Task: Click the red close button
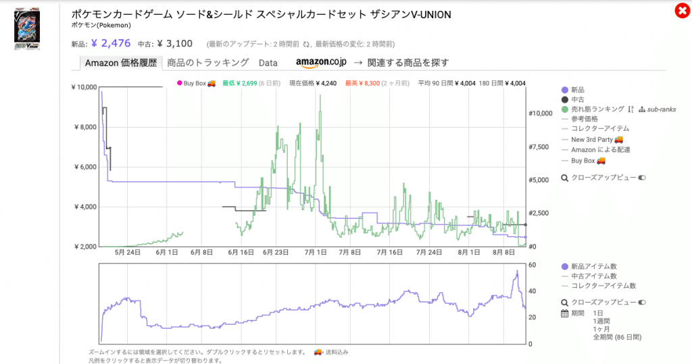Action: pos(681,11)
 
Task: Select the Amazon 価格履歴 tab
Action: pos(120,63)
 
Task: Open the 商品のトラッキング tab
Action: pos(208,63)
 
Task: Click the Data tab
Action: pos(268,63)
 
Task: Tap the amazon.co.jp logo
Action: pos(321,63)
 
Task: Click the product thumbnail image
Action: pos(27,28)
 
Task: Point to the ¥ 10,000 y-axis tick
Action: pos(84,87)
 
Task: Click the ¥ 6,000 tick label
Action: pos(86,167)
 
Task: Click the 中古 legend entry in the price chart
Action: pos(578,99)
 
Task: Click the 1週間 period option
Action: pos(601,321)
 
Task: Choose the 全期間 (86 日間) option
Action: pos(616,336)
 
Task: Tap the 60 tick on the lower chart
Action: pos(532,265)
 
